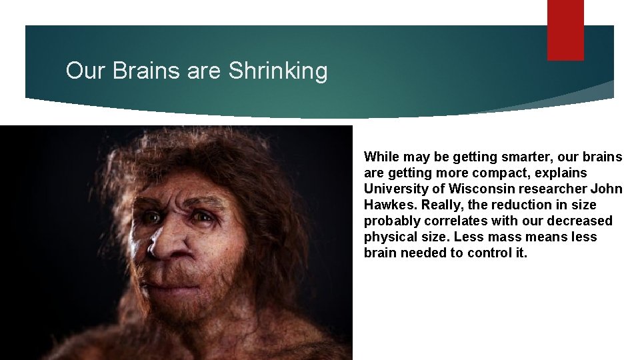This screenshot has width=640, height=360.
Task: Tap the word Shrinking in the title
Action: pos(278,71)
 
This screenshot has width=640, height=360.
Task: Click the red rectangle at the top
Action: pos(565,29)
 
